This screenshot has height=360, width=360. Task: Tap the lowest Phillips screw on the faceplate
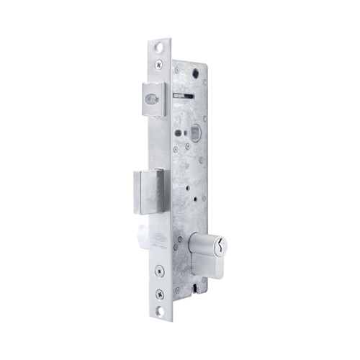(x=159, y=293)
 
